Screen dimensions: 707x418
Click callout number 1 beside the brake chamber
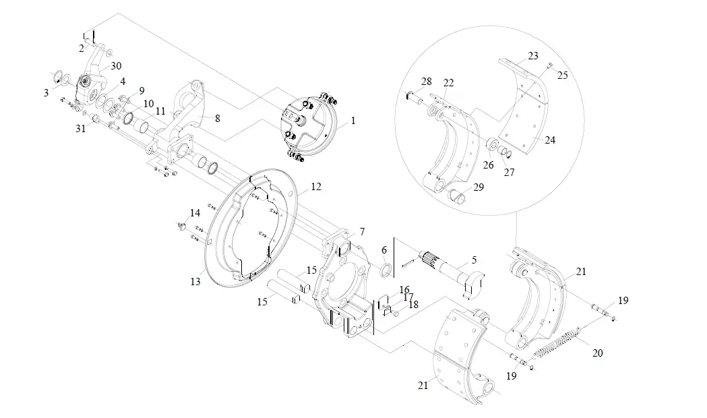coord(353,121)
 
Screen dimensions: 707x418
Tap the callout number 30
coord(116,66)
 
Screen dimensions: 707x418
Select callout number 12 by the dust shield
coord(316,186)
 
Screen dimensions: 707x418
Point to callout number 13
coord(195,281)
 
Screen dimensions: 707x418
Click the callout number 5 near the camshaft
coord(474,260)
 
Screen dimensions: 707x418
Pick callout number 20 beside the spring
coord(597,353)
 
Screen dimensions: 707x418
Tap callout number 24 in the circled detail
coord(550,140)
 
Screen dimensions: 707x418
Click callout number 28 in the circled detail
coord(426,82)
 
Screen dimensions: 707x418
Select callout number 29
coord(479,187)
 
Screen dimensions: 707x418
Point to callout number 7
coord(362,232)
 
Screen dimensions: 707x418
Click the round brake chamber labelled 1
coord(310,126)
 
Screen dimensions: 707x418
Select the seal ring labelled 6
coord(386,270)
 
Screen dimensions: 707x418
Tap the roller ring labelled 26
coord(493,145)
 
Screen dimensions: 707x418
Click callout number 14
coord(195,213)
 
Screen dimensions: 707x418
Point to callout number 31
coord(80,129)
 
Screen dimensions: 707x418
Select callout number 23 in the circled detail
coord(533,56)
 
